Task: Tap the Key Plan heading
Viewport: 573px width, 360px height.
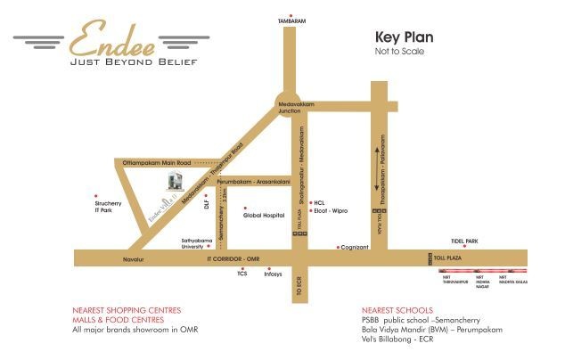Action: click(x=404, y=38)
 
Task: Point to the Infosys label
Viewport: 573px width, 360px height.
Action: click(x=273, y=274)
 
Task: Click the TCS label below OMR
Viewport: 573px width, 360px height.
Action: click(x=241, y=274)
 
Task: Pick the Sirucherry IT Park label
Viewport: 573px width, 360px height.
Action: click(x=106, y=207)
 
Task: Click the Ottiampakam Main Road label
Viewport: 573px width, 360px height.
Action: click(x=158, y=163)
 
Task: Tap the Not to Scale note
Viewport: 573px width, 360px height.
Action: click(x=400, y=52)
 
